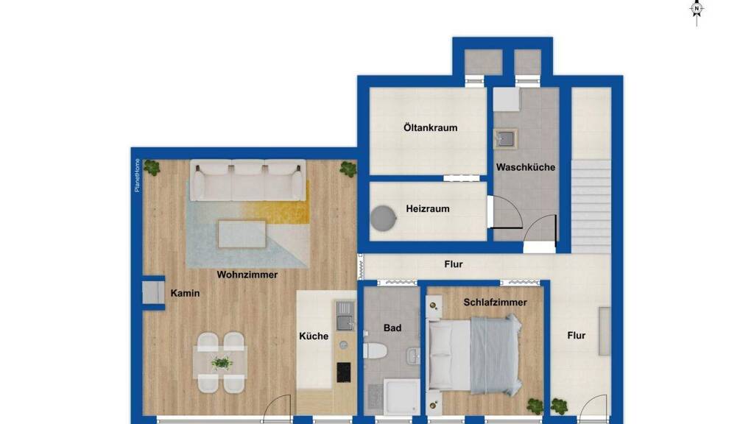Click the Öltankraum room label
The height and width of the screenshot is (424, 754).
click(x=430, y=128)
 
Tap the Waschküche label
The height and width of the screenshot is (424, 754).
click(x=526, y=167)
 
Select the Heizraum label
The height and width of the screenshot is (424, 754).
click(x=428, y=208)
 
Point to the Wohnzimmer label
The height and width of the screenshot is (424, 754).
click(x=247, y=275)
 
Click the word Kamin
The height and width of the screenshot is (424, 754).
click(x=185, y=293)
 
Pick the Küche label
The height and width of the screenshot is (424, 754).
click(x=314, y=336)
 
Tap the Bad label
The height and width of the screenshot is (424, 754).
click(x=392, y=328)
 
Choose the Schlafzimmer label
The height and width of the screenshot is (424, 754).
click(x=495, y=303)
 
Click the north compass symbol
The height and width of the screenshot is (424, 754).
click(x=697, y=9)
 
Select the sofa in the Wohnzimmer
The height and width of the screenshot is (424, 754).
click(x=247, y=180)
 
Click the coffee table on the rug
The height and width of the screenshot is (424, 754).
click(x=242, y=234)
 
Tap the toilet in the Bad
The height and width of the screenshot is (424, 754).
click(x=375, y=351)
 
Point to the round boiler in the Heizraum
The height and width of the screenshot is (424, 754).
click(x=383, y=219)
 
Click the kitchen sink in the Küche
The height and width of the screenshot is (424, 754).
click(x=345, y=317)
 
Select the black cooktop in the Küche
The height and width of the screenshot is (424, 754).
click(x=343, y=372)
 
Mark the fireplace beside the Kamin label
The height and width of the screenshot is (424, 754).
click(x=153, y=293)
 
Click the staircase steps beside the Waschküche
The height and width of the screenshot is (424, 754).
click(x=591, y=206)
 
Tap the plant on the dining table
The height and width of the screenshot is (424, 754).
click(x=222, y=363)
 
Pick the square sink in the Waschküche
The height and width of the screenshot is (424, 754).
click(x=506, y=139)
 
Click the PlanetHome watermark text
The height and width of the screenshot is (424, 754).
click(x=137, y=175)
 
